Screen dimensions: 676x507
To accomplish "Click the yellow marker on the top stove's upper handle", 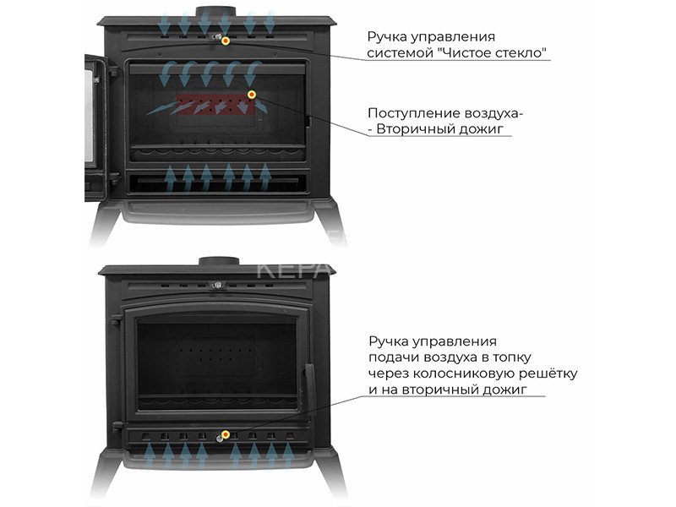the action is (225, 41).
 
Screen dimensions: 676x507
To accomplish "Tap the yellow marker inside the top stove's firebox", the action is (251, 95).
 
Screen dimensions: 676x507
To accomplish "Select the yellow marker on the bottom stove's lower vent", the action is (225, 434).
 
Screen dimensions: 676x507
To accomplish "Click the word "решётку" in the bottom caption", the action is (548, 373).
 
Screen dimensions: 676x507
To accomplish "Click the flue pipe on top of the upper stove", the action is (216, 12).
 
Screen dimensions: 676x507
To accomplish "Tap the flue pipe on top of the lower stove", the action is (219, 261).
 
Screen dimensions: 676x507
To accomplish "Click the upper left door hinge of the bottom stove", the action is (117, 320).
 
